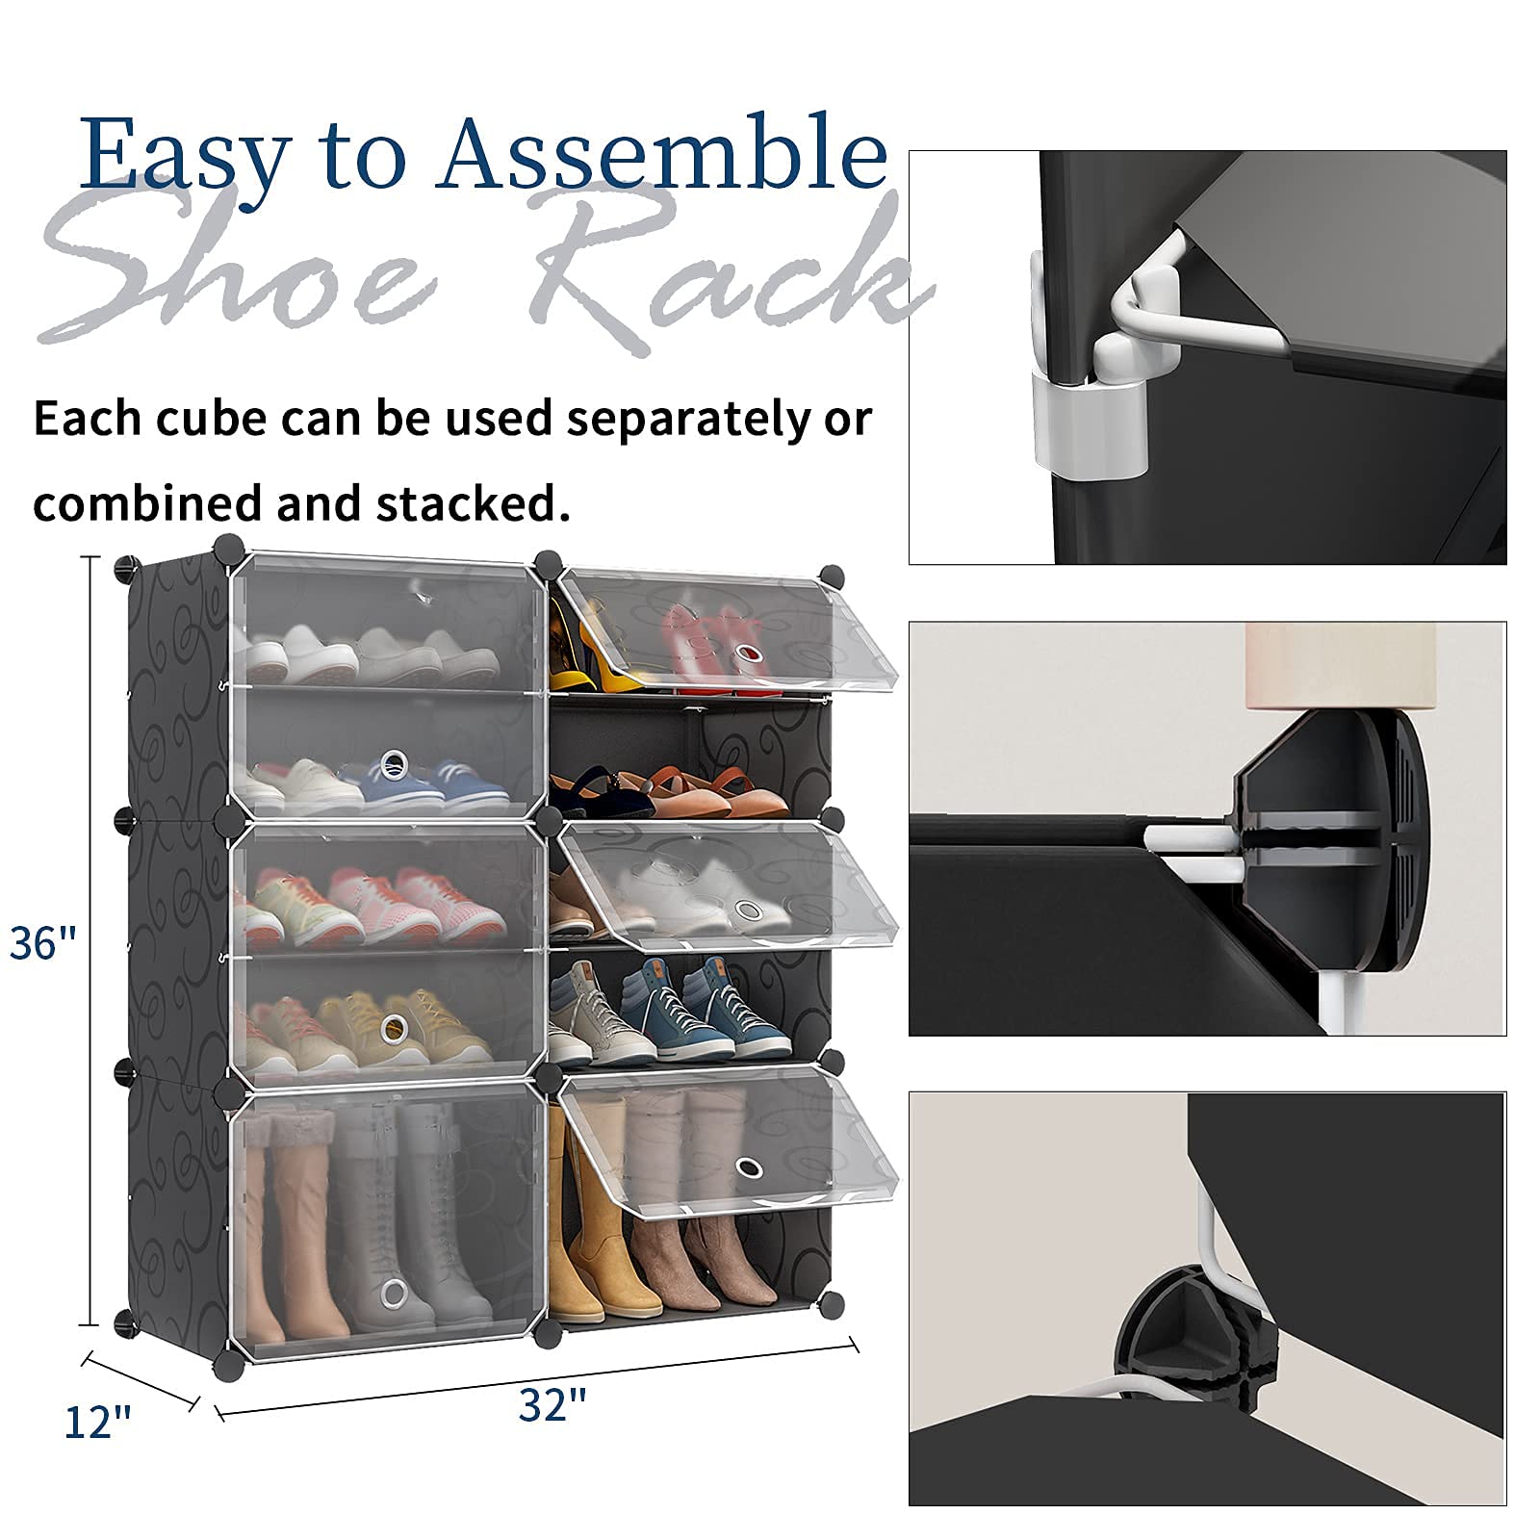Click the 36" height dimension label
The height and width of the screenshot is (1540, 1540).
42,943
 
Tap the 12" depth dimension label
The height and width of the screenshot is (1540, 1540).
97,1423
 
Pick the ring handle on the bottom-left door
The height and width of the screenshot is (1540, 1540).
393,1292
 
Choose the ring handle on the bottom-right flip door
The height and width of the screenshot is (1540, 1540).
748,1168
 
